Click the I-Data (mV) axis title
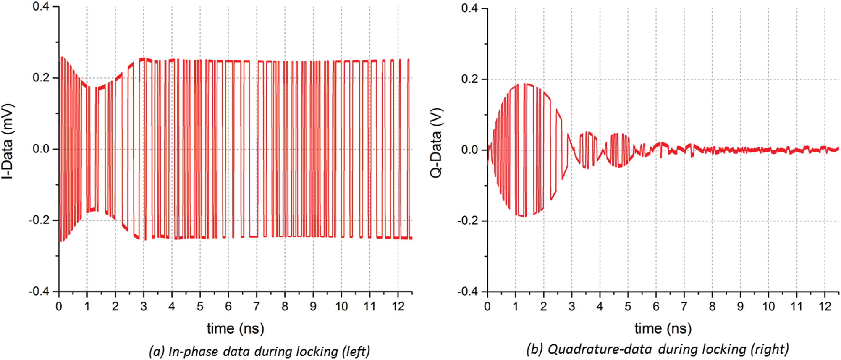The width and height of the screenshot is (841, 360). coord(8,141)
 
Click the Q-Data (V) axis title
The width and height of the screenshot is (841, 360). coord(436,143)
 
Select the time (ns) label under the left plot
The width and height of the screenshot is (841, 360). coord(235,328)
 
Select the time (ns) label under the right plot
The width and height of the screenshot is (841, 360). coord(663,328)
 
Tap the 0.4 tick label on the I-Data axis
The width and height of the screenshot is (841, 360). coord(41,7)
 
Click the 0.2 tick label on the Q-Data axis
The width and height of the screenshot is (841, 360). coord(469,79)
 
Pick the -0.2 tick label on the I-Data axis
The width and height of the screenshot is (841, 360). coord(39,221)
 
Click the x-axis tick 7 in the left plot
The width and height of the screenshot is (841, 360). coord(257,307)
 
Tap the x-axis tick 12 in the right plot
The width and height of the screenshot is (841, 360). coord(825,307)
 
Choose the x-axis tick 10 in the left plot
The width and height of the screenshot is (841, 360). coord(341,307)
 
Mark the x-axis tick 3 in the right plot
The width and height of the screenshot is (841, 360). coord(572,307)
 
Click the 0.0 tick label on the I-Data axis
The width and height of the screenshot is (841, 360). coord(41,149)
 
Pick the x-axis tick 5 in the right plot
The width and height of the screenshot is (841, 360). coord(628,307)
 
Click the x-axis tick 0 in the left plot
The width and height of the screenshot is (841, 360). coord(59,307)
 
